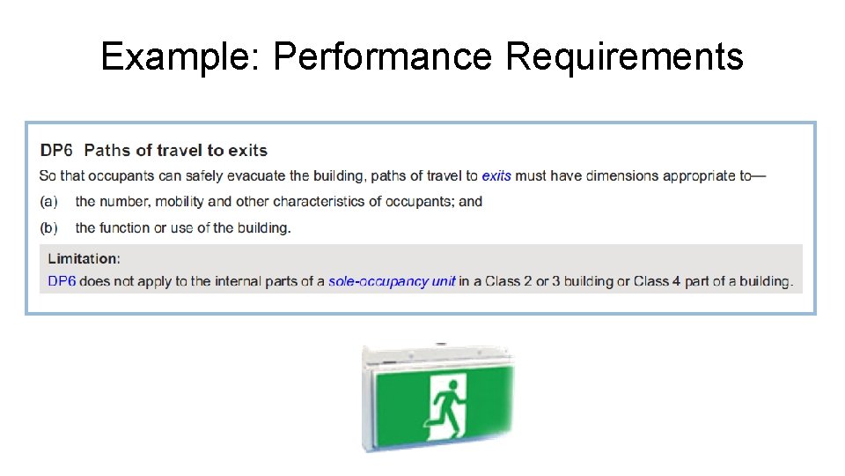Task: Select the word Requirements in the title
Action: coord(624,57)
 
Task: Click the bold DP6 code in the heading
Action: coord(57,151)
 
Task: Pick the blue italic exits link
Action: coord(496,175)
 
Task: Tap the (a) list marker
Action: coord(49,202)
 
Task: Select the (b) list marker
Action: coord(49,227)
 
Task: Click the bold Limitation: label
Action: coord(84,258)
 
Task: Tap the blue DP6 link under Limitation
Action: coord(62,282)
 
